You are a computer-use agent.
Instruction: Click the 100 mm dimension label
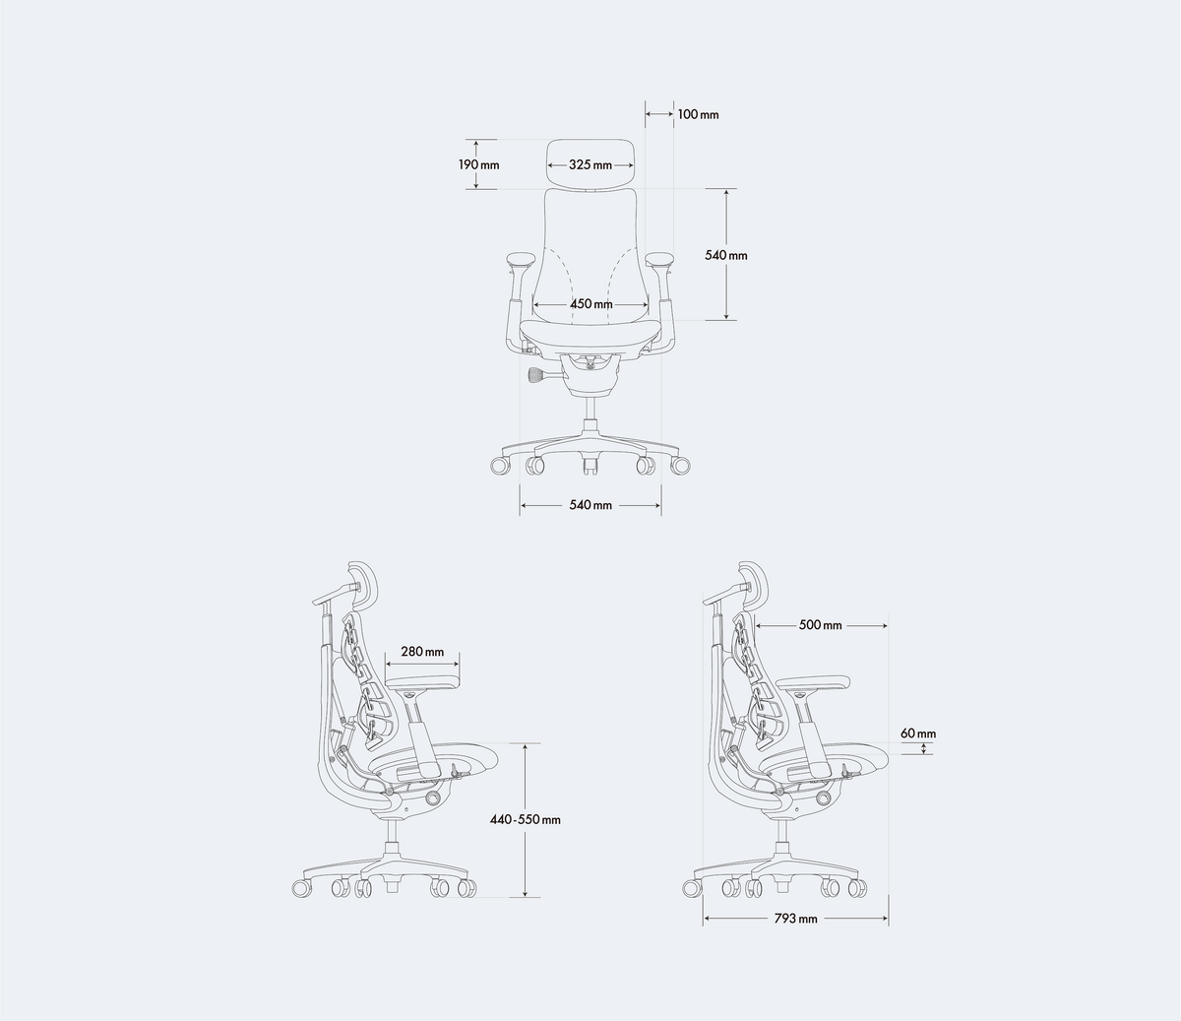698,114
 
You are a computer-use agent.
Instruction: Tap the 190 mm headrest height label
479,165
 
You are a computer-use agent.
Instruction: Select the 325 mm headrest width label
590,165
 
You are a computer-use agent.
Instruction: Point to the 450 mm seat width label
590,303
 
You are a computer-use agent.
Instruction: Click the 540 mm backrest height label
725,255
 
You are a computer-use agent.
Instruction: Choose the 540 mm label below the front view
590,505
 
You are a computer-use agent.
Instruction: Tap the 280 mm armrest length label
422,652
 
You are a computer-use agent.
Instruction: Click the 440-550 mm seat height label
526,820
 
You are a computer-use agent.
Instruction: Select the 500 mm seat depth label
821,625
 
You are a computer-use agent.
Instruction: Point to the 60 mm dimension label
918,734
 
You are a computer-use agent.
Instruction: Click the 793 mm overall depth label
796,919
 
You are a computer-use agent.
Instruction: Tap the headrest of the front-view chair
590,164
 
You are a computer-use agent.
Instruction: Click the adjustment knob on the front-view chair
540,375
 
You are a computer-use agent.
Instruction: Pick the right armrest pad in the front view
659,261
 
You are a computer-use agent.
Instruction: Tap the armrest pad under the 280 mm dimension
423,681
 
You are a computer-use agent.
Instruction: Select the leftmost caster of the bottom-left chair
302,889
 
